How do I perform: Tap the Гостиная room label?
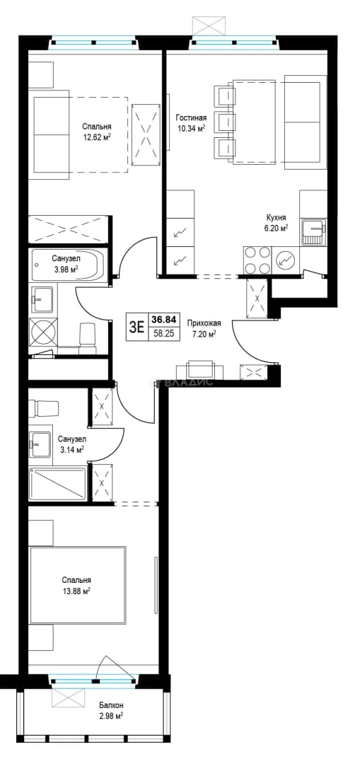[192, 118]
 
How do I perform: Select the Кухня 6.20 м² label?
[276, 222]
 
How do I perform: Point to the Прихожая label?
[204, 323]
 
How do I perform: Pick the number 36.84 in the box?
[164, 320]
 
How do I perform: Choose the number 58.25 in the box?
[164, 334]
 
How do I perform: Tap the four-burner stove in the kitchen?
[257, 260]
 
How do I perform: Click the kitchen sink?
[314, 233]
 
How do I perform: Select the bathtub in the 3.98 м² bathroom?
[68, 265]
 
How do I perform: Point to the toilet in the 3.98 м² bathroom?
[87, 337]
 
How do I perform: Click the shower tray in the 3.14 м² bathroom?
[57, 484]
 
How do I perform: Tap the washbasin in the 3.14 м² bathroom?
[40, 444]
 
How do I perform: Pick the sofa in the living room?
[305, 122]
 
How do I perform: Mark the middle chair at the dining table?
[225, 122]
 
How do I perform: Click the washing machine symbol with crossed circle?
[43, 332]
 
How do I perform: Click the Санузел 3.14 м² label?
[69, 444]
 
